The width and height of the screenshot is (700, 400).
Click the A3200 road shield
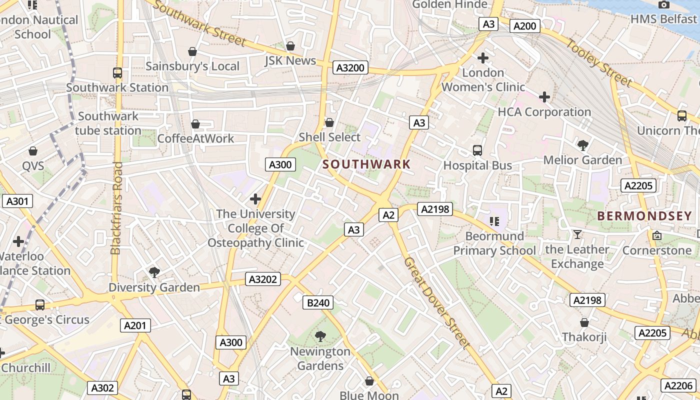[x=350, y=67]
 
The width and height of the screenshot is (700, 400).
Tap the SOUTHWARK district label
[x=366, y=164]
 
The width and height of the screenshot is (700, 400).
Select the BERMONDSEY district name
[x=644, y=216]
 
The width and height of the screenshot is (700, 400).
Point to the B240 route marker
[x=318, y=302]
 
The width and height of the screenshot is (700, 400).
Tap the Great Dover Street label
[x=436, y=303]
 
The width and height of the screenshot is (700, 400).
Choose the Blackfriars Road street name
[x=116, y=208]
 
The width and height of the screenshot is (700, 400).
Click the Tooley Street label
[x=599, y=62]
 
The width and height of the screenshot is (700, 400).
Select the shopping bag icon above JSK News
[x=290, y=46]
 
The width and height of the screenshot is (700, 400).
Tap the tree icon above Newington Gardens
[x=320, y=336]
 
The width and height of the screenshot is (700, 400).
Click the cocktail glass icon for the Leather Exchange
[x=577, y=234]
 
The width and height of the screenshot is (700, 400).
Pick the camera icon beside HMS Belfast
[x=664, y=4]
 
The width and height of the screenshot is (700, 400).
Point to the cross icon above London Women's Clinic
[x=482, y=58]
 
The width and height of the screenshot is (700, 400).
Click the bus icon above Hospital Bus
[x=477, y=150]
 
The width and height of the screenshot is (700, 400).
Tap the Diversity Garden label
[x=154, y=287]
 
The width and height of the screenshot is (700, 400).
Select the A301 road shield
[x=17, y=201]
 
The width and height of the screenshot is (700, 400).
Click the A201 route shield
[x=135, y=325]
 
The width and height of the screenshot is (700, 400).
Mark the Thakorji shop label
[x=584, y=336]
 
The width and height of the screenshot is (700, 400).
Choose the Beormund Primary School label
[x=494, y=243]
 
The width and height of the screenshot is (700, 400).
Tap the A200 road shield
[x=524, y=26]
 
